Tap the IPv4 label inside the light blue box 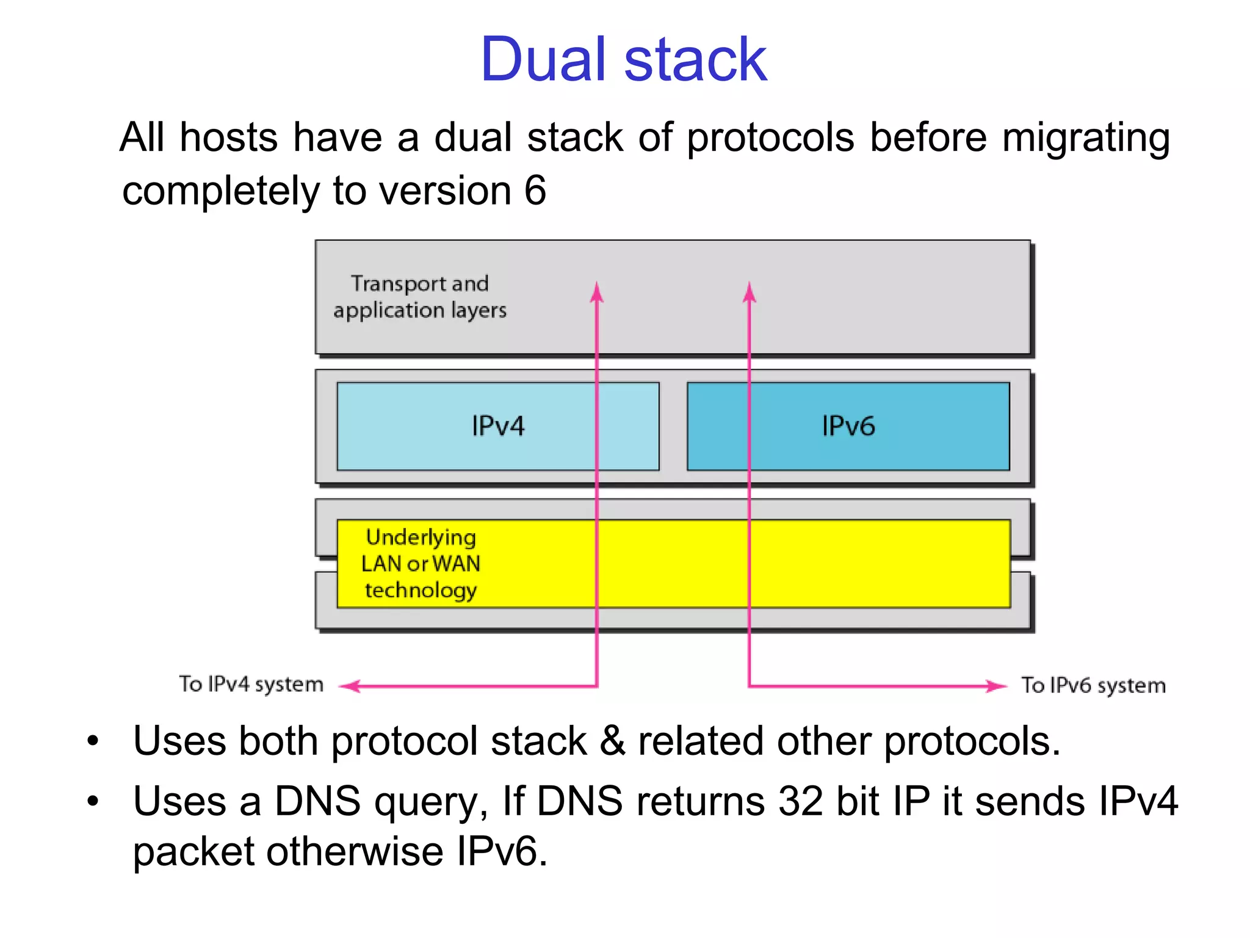(497, 426)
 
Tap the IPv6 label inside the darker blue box (848, 426)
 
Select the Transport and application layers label (420, 297)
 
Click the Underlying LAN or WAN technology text (421, 563)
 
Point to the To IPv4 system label (251, 684)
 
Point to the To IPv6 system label (1093, 685)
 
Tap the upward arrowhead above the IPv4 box (596, 293)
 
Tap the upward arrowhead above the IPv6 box (749, 293)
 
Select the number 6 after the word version (535, 191)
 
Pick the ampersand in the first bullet (612, 741)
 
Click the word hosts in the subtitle (229, 137)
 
